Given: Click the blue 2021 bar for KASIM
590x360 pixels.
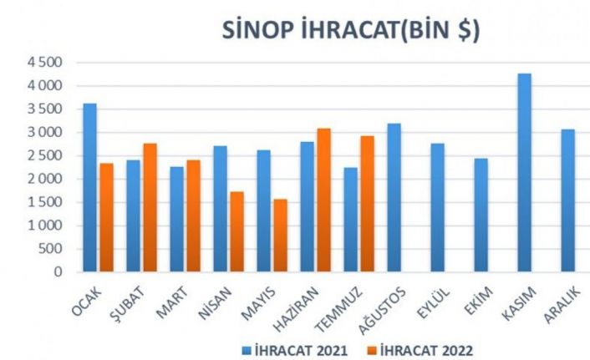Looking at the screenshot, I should click(524, 173).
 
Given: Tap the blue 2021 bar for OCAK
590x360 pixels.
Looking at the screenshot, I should click(89, 188).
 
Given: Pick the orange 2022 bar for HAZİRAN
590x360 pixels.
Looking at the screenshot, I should click(323, 200).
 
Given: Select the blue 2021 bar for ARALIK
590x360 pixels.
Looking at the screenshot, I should click(567, 200).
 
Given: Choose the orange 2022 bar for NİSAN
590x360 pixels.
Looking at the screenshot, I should click(237, 231).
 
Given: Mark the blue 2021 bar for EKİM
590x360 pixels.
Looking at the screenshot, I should click(481, 215).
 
